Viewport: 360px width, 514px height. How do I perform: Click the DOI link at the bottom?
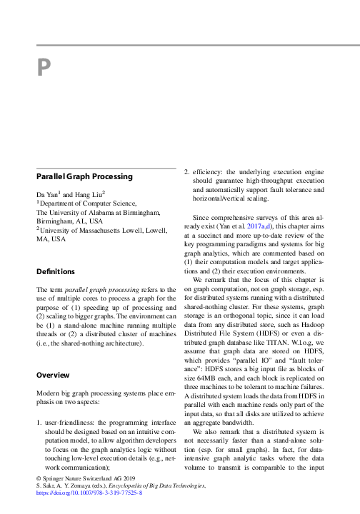pyautogui.click(x=89, y=493)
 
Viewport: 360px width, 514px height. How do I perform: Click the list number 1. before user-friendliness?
pyautogui.click(x=39, y=424)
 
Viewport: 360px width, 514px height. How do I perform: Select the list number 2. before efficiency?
pyautogui.click(x=187, y=172)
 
